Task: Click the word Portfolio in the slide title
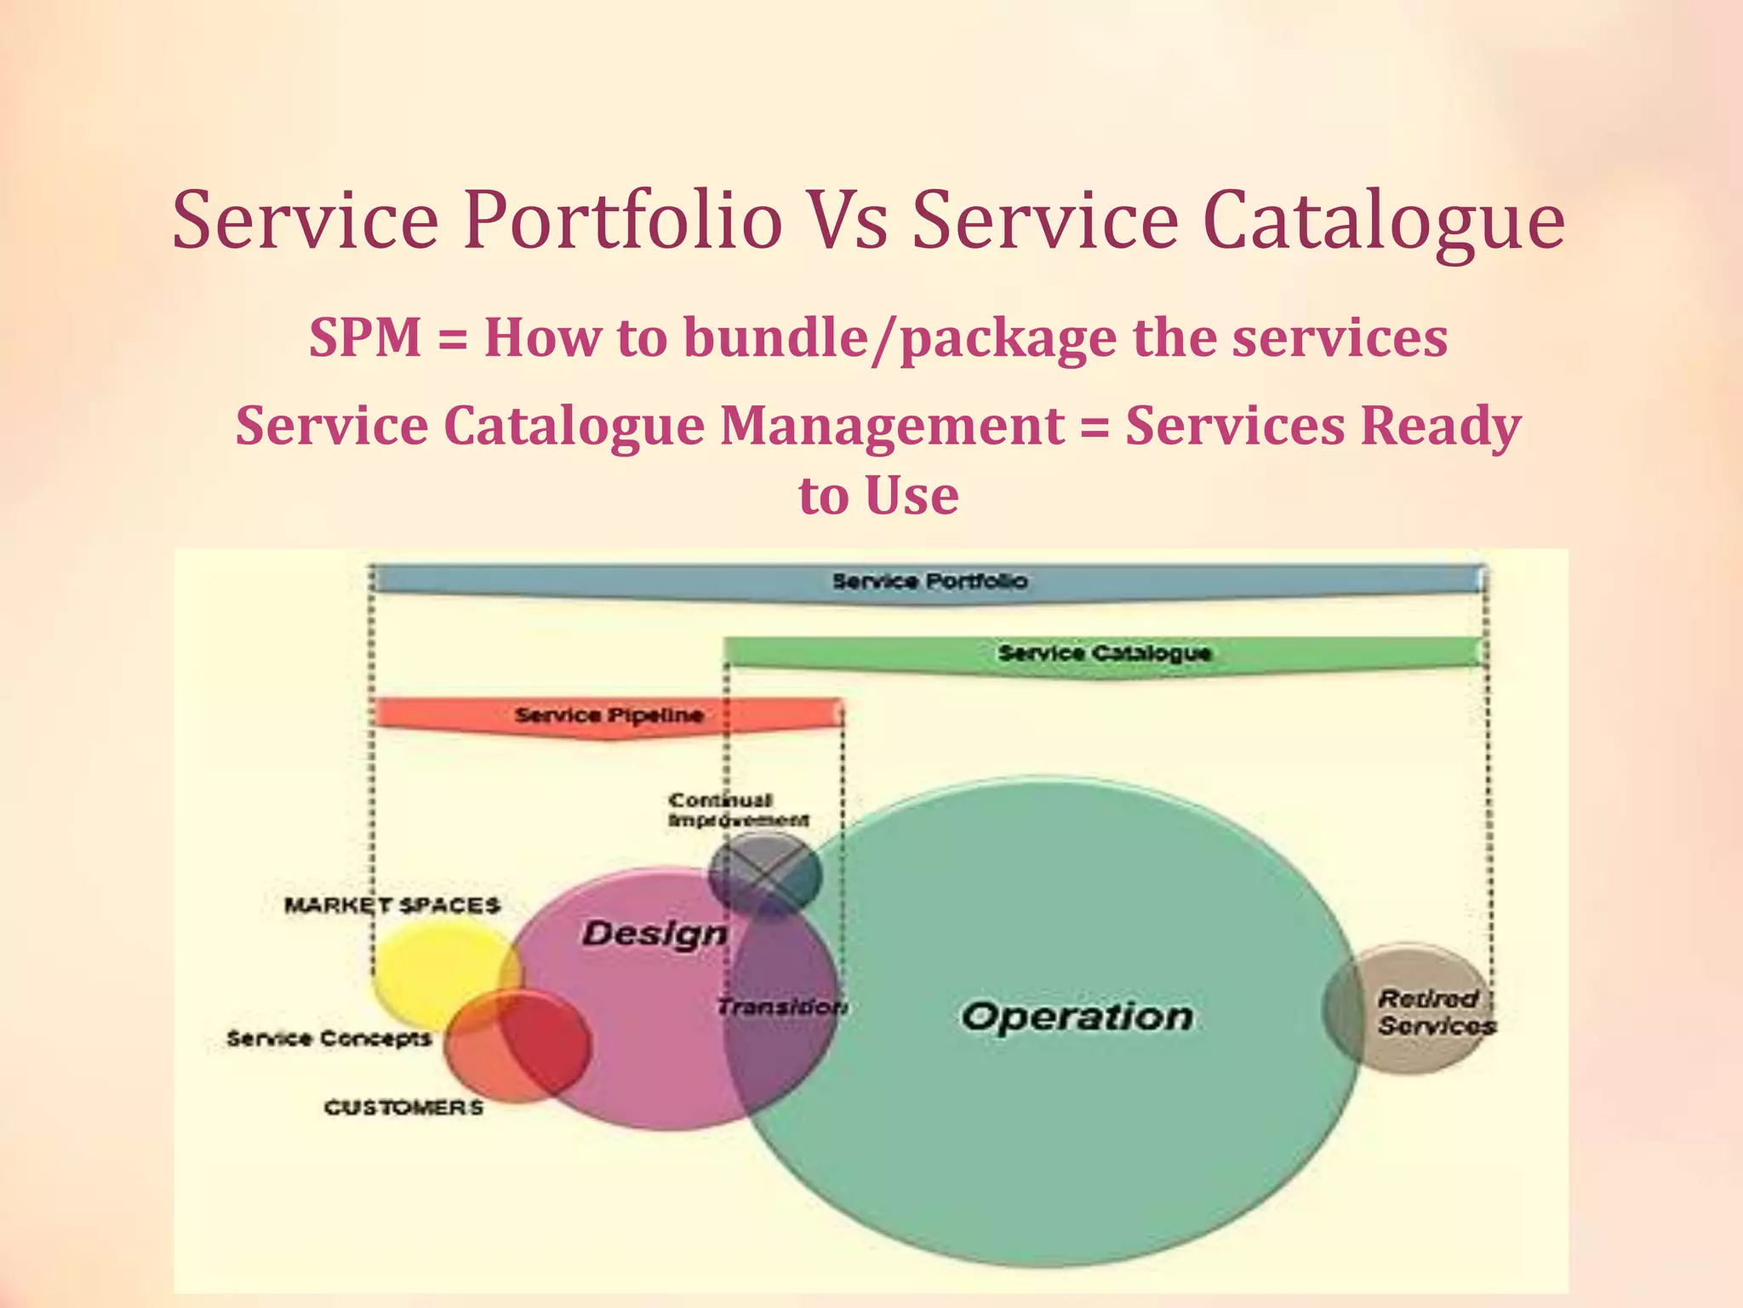click(x=622, y=221)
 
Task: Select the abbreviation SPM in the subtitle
click(x=365, y=337)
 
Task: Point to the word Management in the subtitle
click(x=891, y=426)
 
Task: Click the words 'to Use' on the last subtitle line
click(x=878, y=496)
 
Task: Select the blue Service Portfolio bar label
click(x=929, y=582)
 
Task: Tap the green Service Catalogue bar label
click(x=1104, y=653)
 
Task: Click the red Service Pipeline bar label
click(x=609, y=714)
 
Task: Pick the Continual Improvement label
click(x=737, y=810)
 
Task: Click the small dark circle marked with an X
click(x=765, y=875)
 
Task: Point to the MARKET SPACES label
click(x=391, y=905)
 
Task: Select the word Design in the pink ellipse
click(x=654, y=934)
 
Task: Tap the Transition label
click(x=781, y=1007)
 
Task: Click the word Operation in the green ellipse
click(x=1077, y=1017)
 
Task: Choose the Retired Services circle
click(x=1409, y=1008)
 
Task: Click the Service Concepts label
click(x=329, y=1039)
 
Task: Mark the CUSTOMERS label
click(x=403, y=1108)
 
